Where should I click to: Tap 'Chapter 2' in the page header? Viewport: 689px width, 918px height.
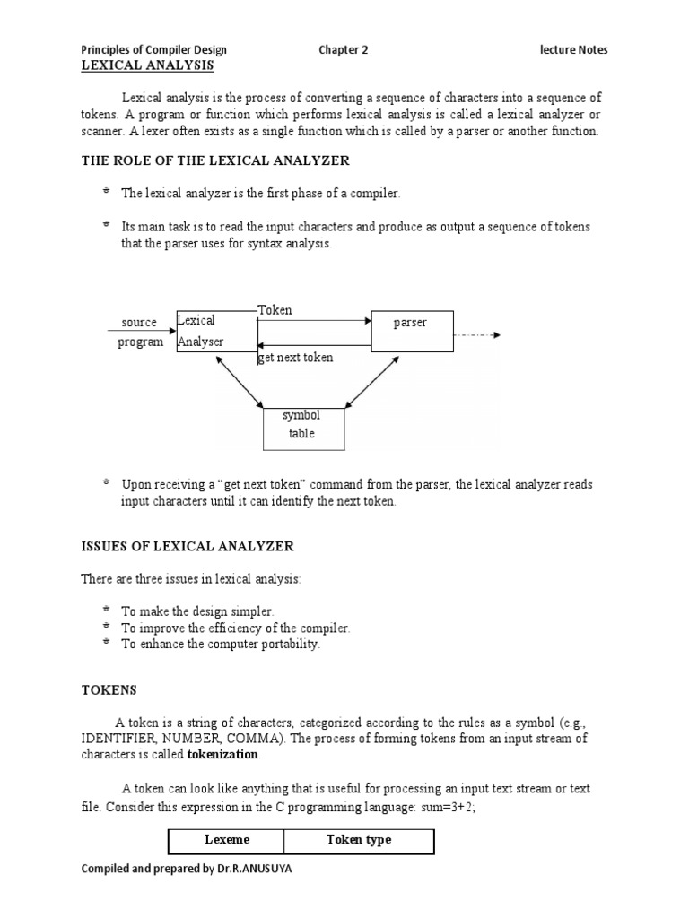tap(344, 50)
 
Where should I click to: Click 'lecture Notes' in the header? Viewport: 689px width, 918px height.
tap(573, 50)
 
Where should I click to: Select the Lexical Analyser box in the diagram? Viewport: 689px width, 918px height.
tap(216, 331)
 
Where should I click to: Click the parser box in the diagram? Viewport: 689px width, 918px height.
tap(412, 331)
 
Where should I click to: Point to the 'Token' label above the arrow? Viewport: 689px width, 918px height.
tap(275, 310)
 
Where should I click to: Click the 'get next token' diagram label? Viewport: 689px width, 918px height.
tap(295, 358)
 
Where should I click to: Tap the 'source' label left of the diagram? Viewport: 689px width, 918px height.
tap(139, 323)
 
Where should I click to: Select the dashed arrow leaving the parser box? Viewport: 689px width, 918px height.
tap(476, 335)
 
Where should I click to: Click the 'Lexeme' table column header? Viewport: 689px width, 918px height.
tap(227, 841)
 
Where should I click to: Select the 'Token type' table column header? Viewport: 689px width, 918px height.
tap(359, 841)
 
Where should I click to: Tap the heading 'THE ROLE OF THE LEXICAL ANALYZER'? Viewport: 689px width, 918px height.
tap(216, 160)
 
